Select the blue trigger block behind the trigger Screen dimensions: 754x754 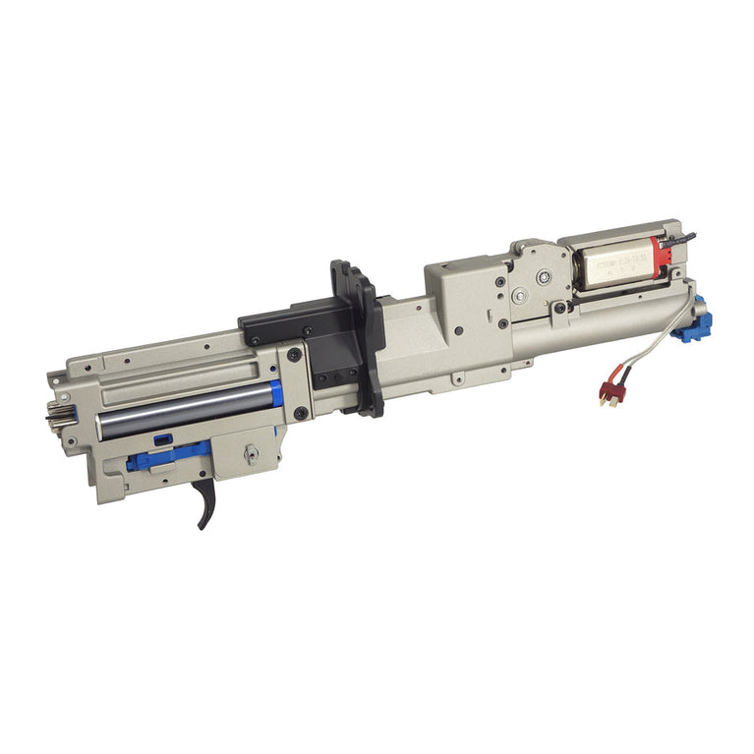click(x=167, y=454)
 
